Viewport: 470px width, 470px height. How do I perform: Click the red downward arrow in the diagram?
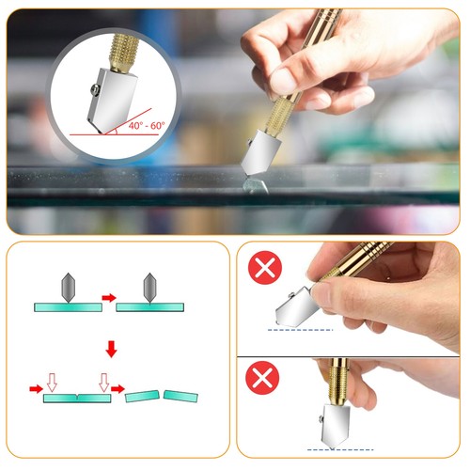coord(112,350)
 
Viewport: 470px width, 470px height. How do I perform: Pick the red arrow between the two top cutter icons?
coord(109,298)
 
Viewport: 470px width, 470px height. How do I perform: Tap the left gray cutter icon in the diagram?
coord(65,286)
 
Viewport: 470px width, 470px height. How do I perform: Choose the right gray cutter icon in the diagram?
coord(150,286)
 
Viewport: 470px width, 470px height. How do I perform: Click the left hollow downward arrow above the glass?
coord(53,381)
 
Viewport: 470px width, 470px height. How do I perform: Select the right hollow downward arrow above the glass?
coord(103,381)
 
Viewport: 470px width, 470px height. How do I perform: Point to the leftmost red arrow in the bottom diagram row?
coord(34,387)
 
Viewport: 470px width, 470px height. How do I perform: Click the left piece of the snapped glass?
coord(142,397)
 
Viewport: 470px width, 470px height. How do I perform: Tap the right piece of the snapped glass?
coord(179,395)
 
